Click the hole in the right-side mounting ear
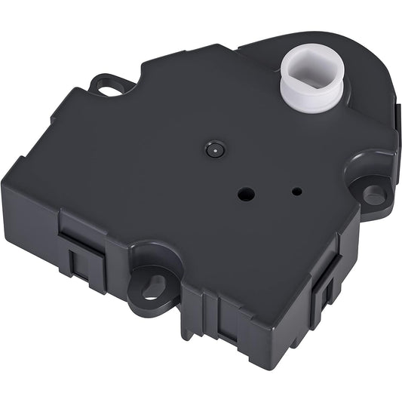[373, 192]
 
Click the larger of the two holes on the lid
[245, 194]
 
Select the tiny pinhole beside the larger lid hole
[296, 192]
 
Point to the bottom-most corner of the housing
[265, 367]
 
